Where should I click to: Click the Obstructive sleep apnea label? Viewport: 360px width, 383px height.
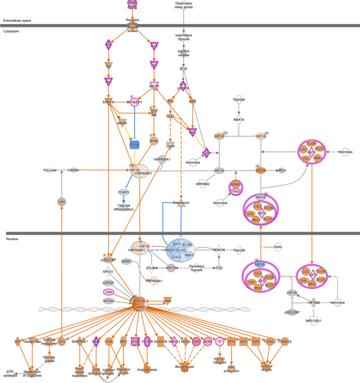(x=183, y=6)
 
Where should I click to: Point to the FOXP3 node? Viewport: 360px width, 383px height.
(x=123, y=193)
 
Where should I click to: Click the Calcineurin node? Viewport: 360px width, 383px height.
(x=181, y=203)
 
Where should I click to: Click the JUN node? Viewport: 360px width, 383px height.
(x=109, y=292)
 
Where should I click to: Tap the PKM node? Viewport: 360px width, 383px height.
(x=168, y=301)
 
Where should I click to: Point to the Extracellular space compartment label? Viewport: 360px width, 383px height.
(x=17, y=20)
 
